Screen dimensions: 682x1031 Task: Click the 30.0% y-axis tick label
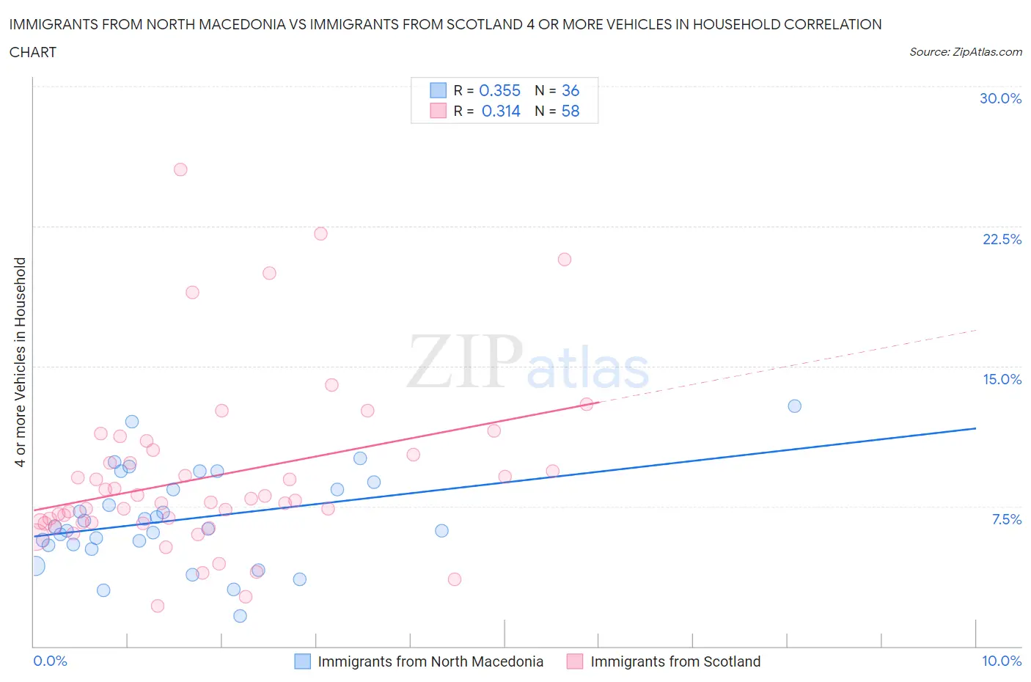(1000, 98)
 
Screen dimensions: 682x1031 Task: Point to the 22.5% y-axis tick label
(1002, 239)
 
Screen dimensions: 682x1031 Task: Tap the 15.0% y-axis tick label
(1002, 379)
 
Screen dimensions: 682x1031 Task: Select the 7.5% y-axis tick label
(1006, 519)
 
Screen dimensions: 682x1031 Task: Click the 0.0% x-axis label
(50, 661)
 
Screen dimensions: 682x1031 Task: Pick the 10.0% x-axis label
(1001, 661)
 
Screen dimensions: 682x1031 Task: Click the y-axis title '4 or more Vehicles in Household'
(20, 362)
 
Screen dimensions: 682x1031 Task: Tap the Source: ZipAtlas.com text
(965, 52)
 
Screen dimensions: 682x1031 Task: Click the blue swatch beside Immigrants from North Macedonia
(303, 661)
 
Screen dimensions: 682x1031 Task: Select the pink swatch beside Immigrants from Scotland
(575, 661)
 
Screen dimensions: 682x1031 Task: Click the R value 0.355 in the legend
(499, 90)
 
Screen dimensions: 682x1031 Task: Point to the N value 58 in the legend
(570, 111)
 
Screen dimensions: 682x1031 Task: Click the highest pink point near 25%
(180, 169)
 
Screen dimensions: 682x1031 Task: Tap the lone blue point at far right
(794, 406)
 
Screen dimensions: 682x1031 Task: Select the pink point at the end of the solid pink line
(587, 404)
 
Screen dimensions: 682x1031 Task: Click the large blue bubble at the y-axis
(34, 565)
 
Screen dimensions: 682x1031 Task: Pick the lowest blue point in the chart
(240, 616)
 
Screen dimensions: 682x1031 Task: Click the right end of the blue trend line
(975, 428)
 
